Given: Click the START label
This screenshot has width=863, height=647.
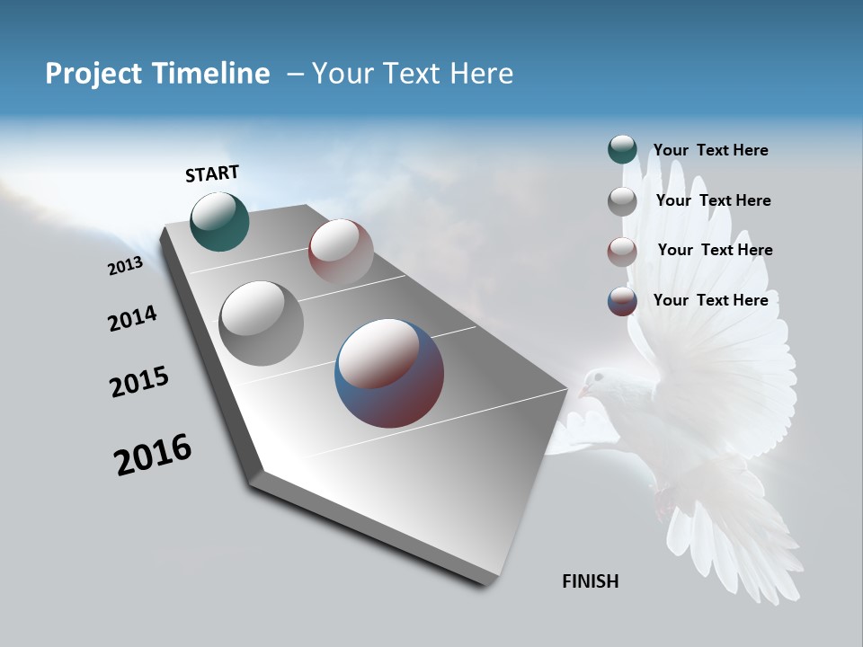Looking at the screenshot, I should point(212,173).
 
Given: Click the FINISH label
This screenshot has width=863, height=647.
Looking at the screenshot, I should point(590,581).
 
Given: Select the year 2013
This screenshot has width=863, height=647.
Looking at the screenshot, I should point(125,266).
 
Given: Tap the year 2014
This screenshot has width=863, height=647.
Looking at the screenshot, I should point(132,318).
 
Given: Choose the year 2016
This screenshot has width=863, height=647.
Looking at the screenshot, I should point(153,455).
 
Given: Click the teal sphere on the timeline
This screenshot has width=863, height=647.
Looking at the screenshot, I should point(220,222).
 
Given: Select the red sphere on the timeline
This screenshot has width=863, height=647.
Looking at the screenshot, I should point(341,252).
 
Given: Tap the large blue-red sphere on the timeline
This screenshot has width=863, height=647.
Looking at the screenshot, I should point(389,373).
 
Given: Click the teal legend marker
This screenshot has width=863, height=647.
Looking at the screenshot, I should point(622,150).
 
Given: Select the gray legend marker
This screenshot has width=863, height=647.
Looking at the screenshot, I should point(622,201).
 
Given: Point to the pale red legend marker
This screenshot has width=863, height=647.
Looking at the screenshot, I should point(622,251).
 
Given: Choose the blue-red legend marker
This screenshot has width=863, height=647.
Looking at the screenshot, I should point(622,301).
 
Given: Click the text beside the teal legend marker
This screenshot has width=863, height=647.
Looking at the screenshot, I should point(710,150).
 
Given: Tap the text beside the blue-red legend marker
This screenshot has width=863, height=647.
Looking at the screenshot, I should point(710,300).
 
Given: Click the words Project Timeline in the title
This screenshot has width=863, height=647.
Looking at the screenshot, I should point(157,74).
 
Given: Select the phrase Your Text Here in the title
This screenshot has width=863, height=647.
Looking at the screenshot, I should point(413,74).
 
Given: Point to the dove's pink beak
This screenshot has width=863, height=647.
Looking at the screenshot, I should point(583,393).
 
